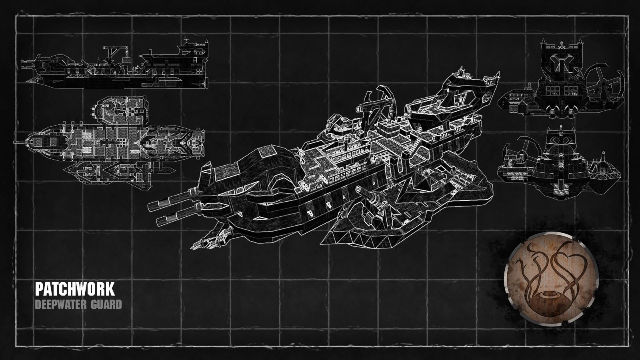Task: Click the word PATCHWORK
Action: pyautogui.click(x=75, y=289)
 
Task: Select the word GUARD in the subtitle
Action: pyautogui.click(x=106, y=305)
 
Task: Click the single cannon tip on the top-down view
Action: pyautogui.click(x=18, y=142)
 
